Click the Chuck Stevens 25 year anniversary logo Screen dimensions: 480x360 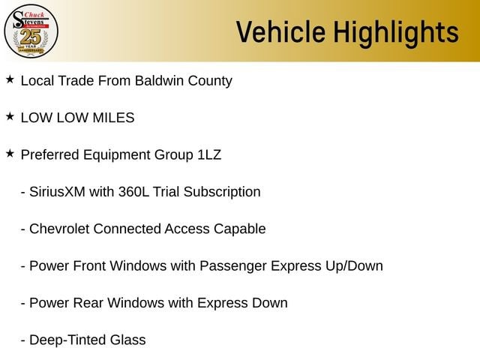click(31, 31)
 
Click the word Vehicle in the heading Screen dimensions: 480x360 click(280, 31)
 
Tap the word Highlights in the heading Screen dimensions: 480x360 click(396, 34)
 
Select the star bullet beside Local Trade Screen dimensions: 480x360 click(10, 79)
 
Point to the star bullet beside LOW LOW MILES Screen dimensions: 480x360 click(10, 117)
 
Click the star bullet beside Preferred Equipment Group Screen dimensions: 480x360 click(10, 154)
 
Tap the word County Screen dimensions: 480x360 click(210, 82)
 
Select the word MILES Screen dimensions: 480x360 click(113, 118)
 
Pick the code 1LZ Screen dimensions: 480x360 click(209, 155)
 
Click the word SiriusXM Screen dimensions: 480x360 click(57, 192)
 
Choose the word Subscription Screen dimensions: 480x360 click(222, 193)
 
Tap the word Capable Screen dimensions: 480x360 click(240, 229)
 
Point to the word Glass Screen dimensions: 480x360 click(128, 340)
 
